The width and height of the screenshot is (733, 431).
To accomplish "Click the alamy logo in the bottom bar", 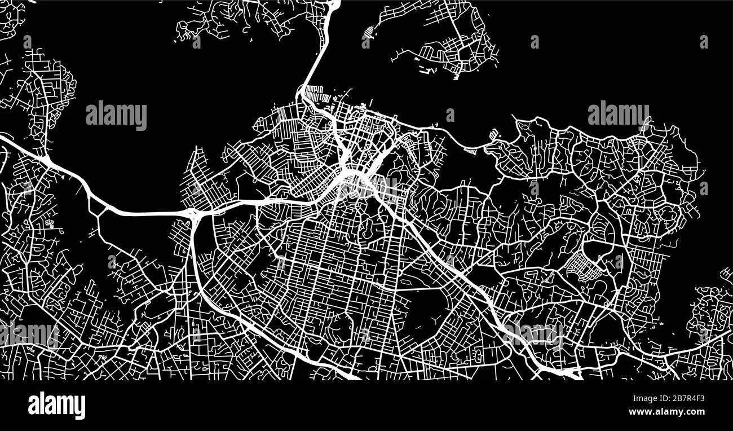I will pos(56,405).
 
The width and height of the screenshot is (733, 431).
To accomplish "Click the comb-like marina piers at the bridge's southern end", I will pos(313,93).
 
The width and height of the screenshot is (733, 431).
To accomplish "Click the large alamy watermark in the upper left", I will pos(116,116).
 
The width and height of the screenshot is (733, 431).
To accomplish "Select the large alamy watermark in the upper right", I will pos(618,115).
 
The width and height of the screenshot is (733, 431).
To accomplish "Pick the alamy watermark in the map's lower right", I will pos(535,333).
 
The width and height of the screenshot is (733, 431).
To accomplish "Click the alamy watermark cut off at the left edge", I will pos(28,334).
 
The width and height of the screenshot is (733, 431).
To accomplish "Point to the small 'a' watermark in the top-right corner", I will pos(704,42).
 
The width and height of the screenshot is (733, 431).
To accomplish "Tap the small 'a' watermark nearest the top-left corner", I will pos(27,42).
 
